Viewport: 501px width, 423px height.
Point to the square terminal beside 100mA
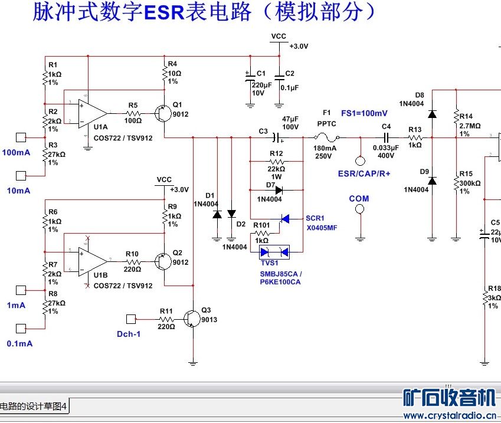click(x=21, y=138)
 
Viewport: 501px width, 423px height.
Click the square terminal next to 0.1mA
click(x=21, y=329)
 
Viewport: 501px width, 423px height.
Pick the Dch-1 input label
click(x=129, y=333)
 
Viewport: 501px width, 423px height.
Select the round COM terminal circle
click(x=359, y=211)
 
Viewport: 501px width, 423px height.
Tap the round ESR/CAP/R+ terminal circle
click(x=359, y=160)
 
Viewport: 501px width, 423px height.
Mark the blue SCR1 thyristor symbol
click(x=286, y=219)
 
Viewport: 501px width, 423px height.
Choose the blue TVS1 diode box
click(x=276, y=253)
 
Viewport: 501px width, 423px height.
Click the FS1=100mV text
click(x=364, y=113)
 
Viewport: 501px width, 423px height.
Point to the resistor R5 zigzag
click(x=133, y=112)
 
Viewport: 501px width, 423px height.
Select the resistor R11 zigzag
click(x=166, y=319)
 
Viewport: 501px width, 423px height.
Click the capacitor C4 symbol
click(x=387, y=138)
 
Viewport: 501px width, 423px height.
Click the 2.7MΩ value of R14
click(x=470, y=126)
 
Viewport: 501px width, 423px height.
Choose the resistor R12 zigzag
click(x=276, y=161)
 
